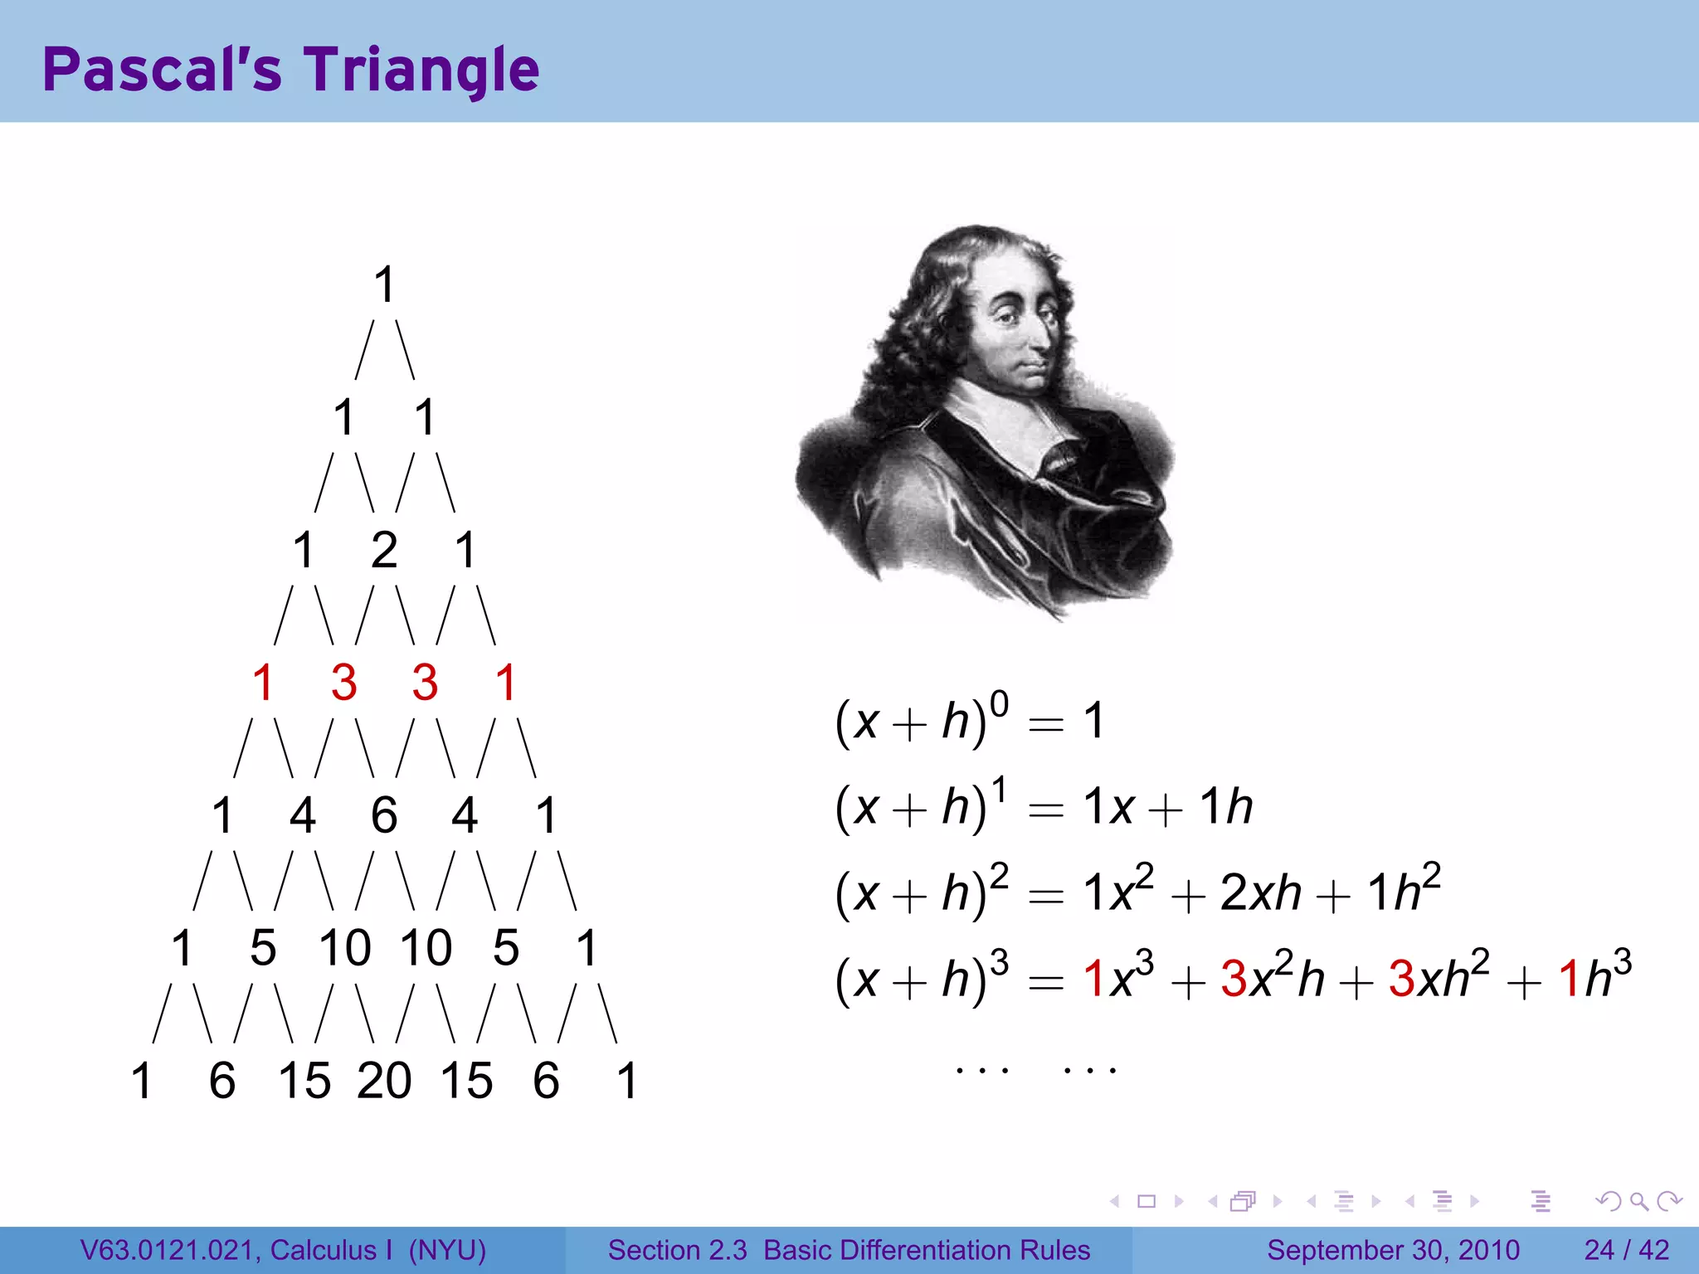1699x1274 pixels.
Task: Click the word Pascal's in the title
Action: tap(162, 71)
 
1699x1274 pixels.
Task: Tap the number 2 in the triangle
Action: tap(383, 550)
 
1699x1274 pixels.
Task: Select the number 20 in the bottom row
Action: tap(383, 1081)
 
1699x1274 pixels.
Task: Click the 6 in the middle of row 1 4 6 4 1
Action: tap(383, 815)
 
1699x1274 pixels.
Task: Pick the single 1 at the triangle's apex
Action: tap(383, 284)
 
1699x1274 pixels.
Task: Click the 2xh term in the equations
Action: tap(1260, 892)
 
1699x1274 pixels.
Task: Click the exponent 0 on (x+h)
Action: tap(999, 704)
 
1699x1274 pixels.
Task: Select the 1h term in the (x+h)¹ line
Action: tap(1226, 806)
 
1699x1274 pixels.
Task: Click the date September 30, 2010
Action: tap(1393, 1250)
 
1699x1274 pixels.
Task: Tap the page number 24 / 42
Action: tap(1626, 1250)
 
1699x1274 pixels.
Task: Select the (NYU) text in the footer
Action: tap(447, 1250)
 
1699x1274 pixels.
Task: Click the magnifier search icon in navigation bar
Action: tap(1638, 1201)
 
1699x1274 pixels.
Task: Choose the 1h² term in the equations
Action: tap(1403, 891)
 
